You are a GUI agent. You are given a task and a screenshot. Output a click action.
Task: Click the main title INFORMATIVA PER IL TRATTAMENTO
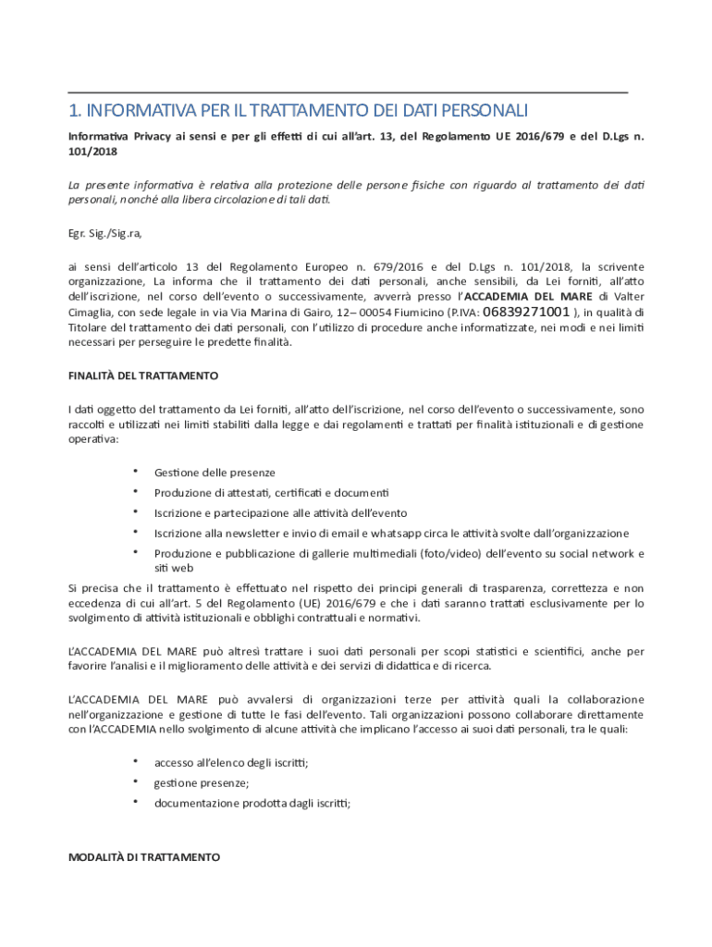[298, 111]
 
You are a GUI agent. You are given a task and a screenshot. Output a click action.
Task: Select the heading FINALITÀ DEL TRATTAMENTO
[143, 376]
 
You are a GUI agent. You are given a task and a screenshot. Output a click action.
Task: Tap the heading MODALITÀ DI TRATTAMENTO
[144, 857]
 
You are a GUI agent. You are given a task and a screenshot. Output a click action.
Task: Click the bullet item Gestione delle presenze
[215, 473]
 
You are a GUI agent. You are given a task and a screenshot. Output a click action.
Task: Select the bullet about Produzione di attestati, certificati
[272, 492]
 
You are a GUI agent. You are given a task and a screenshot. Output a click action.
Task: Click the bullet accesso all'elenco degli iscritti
[231, 763]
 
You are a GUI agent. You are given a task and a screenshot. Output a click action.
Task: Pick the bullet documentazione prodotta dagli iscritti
[252, 804]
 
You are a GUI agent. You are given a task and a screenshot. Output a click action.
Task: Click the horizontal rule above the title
[348, 92]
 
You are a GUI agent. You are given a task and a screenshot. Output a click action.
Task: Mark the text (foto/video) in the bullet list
[451, 554]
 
